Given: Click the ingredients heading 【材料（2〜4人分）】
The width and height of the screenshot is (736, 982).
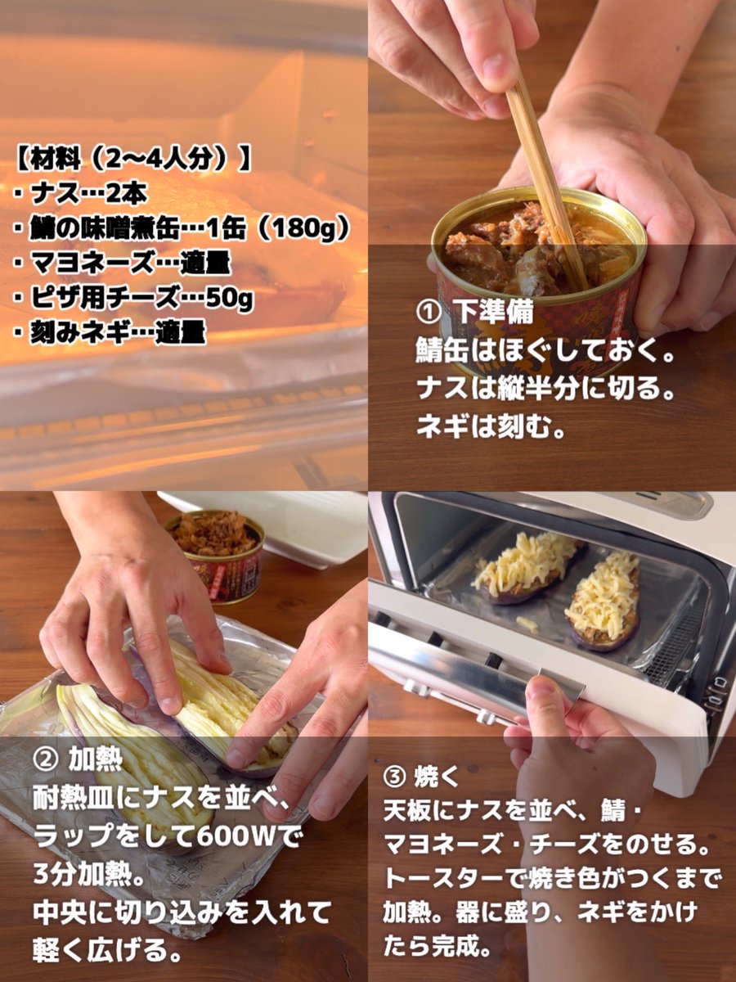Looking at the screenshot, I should click(x=132, y=158).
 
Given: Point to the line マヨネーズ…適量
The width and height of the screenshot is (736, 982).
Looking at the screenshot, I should click(x=123, y=264).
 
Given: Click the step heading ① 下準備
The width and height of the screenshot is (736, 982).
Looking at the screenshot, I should click(x=475, y=313).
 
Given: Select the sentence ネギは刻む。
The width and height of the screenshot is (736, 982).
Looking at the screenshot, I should click(x=491, y=426).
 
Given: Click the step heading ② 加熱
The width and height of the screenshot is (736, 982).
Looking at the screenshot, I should click(x=78, y=759).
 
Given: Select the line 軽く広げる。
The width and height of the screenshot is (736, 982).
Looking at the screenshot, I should click(x=106, y=949).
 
